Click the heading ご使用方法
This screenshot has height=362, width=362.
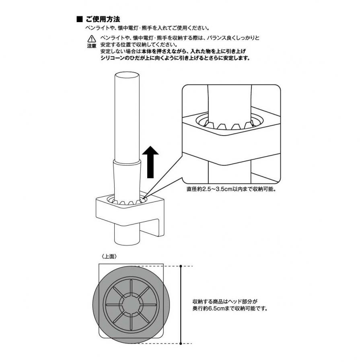click(x=102, y=19)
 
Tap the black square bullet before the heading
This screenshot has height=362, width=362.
click(x=79, y=19)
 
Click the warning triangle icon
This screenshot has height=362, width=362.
click(x=92, y=39)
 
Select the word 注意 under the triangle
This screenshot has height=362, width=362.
click(x=92, y=46)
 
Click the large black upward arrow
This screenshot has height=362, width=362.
click(x=151, y=162)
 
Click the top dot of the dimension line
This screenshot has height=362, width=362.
click(x=181, y=266)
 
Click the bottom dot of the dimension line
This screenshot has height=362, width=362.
click(x=181, y=343)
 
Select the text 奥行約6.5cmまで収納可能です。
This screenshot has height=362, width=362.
click(x=230, y=309)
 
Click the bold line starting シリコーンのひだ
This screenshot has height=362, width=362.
click(x=175, y=58)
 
